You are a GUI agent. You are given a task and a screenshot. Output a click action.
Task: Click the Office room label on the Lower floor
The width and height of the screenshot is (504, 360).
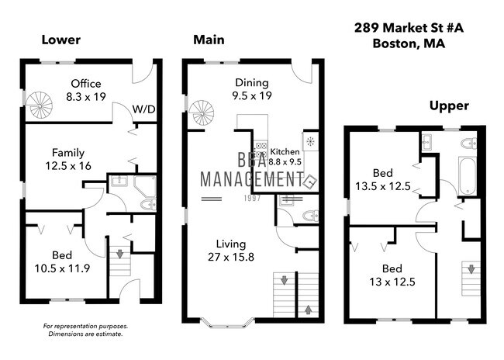tap(87, 84)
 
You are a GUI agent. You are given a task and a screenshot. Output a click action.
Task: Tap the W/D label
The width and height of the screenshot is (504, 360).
tap(143, 109)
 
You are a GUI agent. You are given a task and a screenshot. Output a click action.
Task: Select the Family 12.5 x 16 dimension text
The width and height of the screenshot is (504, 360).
tap(69, 165)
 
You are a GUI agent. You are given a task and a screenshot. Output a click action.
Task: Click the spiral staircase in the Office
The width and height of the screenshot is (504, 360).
tap(40, 104)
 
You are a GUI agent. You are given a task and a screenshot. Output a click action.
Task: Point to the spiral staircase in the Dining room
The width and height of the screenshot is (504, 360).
tap(201, 115)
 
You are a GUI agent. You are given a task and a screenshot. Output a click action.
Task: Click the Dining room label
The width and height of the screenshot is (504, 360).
tap(251, 83)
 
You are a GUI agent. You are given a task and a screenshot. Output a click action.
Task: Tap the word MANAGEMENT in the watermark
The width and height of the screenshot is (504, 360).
tap(250, 179)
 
